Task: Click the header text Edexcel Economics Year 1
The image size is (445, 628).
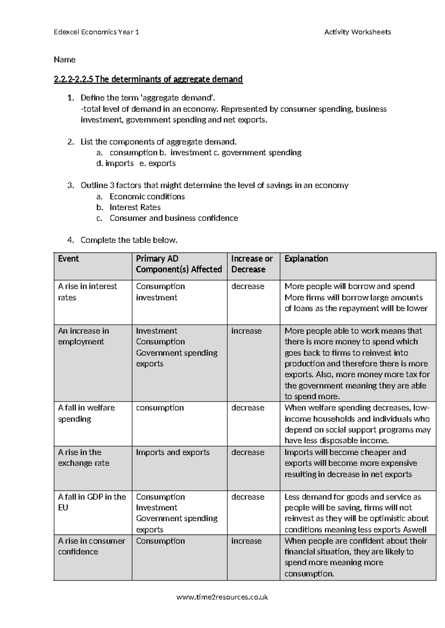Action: [x=96, y=32]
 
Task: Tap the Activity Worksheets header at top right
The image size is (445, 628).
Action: [x=357, y=32]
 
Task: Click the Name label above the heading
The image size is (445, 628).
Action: [x=65, y=60]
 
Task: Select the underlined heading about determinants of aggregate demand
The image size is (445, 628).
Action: [x=148, y=79]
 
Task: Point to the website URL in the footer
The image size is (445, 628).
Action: [x=222, y=597]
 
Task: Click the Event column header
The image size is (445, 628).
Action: [x=69, y=258]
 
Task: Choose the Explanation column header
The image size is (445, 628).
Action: [x=306, y=258]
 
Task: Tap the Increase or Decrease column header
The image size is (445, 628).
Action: [x=252, y=264]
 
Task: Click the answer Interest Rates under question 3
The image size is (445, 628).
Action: [x=135, y=207]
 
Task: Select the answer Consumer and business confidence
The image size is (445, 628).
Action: [x=174, y=218]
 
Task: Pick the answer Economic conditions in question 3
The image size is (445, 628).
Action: [x=147, y=197]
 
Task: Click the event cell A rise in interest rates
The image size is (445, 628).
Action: [x=87, y=292]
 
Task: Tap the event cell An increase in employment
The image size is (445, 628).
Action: [x=83, y=336]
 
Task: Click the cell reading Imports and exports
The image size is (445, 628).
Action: [x=172, y=452]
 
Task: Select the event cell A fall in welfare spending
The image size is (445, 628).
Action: [x=86, y=413]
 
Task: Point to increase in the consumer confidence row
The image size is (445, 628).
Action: [x=246, y=541]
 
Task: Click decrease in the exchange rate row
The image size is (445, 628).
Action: [x=248, y=452]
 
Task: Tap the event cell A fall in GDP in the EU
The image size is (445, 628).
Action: [x=92, y=502]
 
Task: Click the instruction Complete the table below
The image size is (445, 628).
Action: [x=129, y=240]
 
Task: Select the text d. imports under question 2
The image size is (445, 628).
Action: [x=115, y=163]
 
